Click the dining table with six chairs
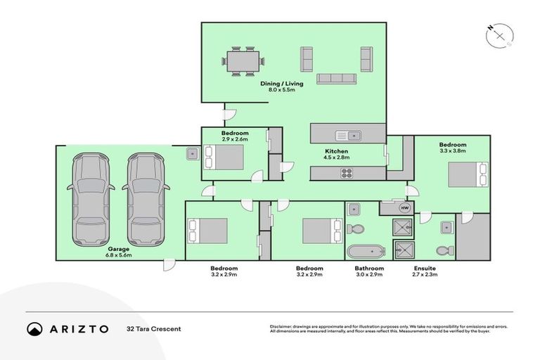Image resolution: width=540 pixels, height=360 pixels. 243,61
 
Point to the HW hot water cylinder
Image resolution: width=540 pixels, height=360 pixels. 404,208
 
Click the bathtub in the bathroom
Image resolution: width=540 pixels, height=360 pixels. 365,251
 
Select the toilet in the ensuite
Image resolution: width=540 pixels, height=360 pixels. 442,250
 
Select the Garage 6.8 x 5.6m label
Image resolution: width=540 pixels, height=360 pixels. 119,252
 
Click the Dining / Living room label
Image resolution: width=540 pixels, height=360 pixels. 282,87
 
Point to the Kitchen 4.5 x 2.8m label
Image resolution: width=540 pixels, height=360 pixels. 336,155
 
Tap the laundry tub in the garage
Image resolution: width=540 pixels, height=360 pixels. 191,153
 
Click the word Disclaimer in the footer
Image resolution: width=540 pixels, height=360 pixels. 283,327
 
